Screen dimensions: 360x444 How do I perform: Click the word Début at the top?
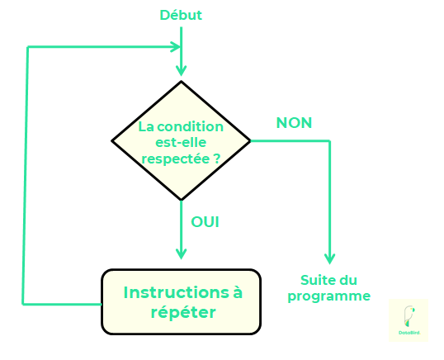tap(181, 15)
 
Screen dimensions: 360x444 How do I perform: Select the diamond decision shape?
tap(181, 140)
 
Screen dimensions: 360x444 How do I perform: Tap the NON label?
tap(294, 123)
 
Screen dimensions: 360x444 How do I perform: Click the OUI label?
tap(205, 221)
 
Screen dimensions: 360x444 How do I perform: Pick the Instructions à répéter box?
tap(181, 302)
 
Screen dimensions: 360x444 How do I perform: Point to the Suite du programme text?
tap(328, 288)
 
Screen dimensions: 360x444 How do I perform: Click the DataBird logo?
tap(408, 320)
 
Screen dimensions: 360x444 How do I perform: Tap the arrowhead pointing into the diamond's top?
tap(181, 69)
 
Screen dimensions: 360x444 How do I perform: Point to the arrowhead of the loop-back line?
tap(174, 46)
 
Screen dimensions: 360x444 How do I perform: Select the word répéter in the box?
tap(183, 313)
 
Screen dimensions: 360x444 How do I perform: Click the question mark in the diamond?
tap(216, 156)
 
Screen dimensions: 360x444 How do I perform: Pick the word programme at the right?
tap(328, 296)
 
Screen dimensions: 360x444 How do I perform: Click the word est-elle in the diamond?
tap(182, 141)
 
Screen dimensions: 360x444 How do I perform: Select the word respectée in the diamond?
tap(175, 156)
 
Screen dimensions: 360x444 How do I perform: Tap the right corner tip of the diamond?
tap(249, 140)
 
